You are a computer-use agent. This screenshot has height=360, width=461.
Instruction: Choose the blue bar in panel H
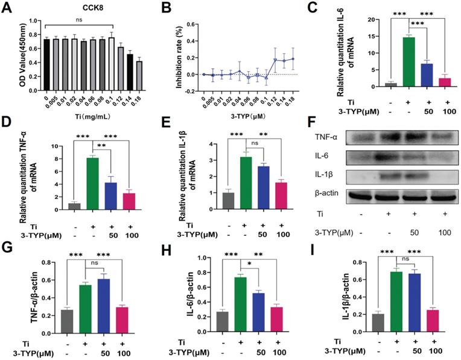pyautogui.click(x=259, y=312)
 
